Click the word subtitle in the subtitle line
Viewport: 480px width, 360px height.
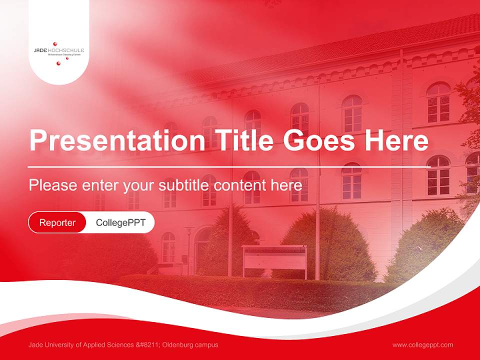click(x=185, y=185)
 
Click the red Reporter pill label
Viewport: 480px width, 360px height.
click(x=57, y=222)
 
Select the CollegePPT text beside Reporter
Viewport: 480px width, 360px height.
click(x=120, y=222)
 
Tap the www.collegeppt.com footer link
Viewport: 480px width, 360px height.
click(x=422, y=345)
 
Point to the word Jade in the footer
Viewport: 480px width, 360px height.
click(x=35, y=345)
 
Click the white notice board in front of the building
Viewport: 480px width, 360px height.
click(x=274, y=259)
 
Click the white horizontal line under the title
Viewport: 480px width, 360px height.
click(x=229, y=166)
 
